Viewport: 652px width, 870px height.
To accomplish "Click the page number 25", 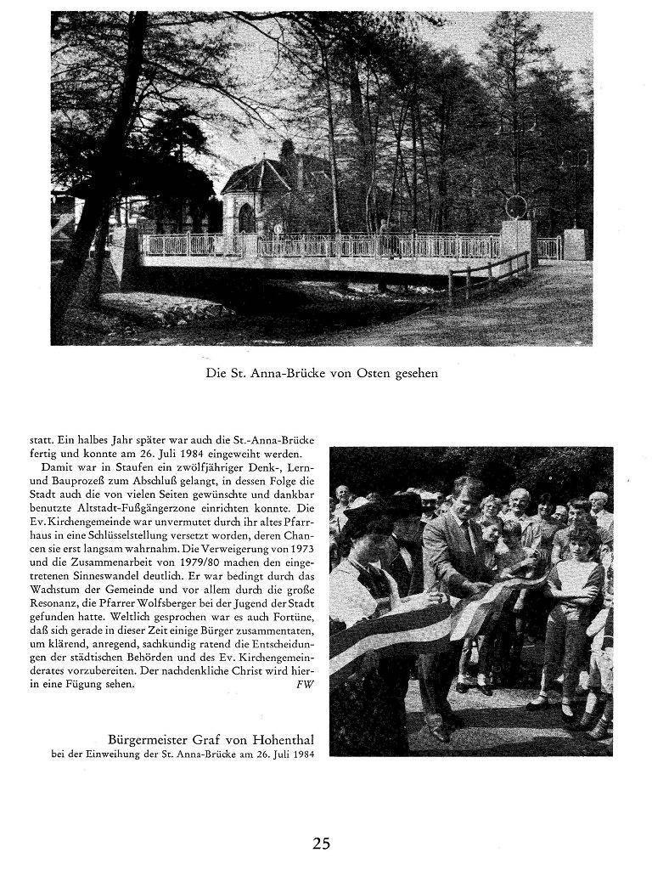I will (321, 844).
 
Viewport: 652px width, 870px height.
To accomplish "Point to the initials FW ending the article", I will (306, 686).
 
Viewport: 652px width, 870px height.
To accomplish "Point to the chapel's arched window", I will (246, 219).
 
